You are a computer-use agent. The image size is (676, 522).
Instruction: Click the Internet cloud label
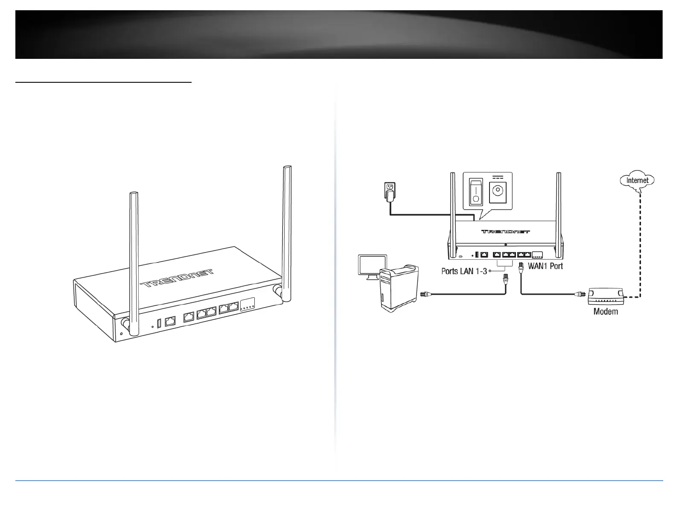coord(637,180)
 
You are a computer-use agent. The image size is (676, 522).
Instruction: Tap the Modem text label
coord(606,312)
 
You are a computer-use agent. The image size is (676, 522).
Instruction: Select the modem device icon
coord(605,296)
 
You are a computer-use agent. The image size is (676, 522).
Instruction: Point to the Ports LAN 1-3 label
coord(464,271)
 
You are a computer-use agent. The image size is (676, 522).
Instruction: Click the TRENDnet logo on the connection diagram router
coord(506,232)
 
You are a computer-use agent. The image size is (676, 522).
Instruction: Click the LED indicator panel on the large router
coord(248,304)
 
